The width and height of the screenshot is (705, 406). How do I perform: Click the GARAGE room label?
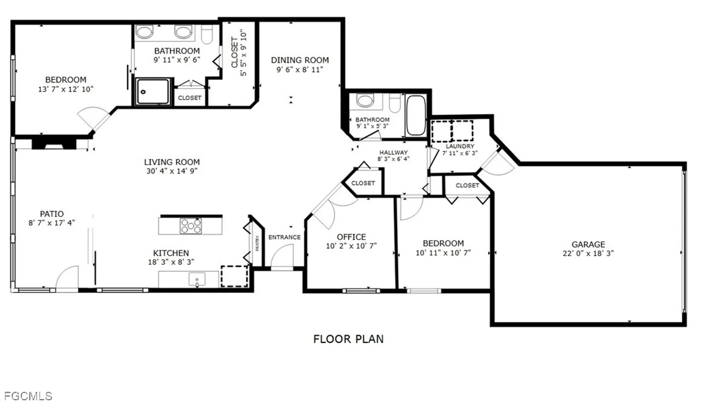[x=588, y=244]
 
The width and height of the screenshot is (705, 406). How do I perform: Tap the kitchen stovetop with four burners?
[x=191, y=226]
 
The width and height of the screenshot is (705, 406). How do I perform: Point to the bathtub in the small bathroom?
[x=416, y=115]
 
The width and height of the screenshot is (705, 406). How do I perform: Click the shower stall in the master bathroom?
[x=153, y=92]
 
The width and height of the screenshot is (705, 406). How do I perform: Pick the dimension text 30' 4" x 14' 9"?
[x=172, y=171]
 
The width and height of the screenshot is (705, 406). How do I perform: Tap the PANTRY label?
[x=257, y=243]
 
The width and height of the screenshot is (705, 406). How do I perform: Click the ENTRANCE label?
[x=284, y=237]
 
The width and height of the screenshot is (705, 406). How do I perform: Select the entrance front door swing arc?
[x=282, y=255]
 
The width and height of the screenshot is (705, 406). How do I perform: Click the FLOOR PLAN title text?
[x=348, y=339]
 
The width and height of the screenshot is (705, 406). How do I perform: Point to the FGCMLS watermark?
[x=28, y=396]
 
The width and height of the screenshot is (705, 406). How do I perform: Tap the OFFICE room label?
[x=351, y=237]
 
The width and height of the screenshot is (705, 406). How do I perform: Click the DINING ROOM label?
[x=300, y=60]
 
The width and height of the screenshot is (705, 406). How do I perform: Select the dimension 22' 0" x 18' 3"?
[x=588, y=253]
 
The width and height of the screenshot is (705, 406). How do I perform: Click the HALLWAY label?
[x=393, y=152]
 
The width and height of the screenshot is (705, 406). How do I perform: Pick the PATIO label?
[x=52, y=214]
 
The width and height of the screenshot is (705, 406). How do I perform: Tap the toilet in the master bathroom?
[x=207, y=34]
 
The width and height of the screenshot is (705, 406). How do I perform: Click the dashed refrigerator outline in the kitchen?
[x=234, y=276]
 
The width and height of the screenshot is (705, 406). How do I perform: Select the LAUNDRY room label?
[x=460, y=146]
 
